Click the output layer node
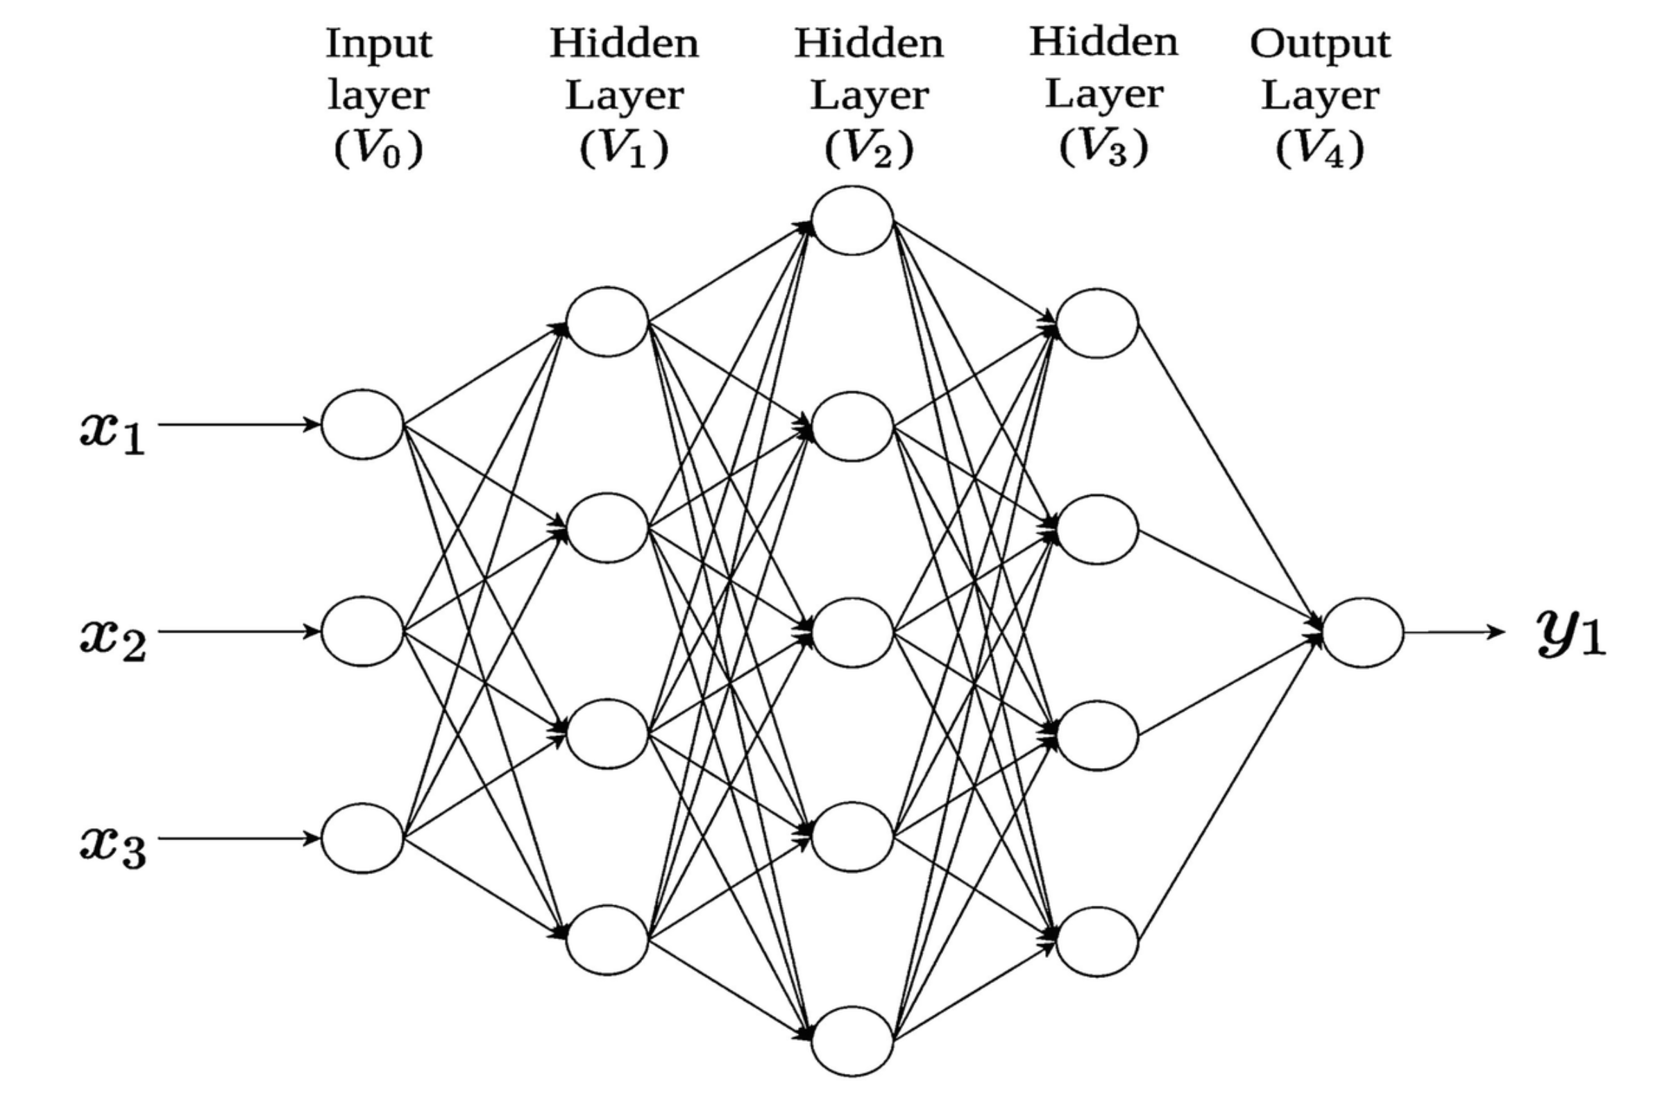click(x=1362, y=633)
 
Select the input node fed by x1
click(x=362, y=425)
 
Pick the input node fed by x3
click(x=362, y=838)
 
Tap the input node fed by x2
click(x=362, y=631)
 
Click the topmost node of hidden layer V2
click(x=852, y=220)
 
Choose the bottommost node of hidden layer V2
click(x=852, y=1041)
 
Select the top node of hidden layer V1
click(x=607, y=322)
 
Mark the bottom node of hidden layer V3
click(x=1097, y=941)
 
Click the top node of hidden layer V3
click(x=1097, y=323)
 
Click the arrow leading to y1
click(x=1455, y=633)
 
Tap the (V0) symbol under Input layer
click(x=378, y=148)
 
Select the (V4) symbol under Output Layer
click(x=1319, y=148)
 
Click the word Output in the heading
click(x=1319, y=43)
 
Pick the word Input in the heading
click(x=379, y=44)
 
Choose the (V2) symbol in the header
click(x=868, y=148)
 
